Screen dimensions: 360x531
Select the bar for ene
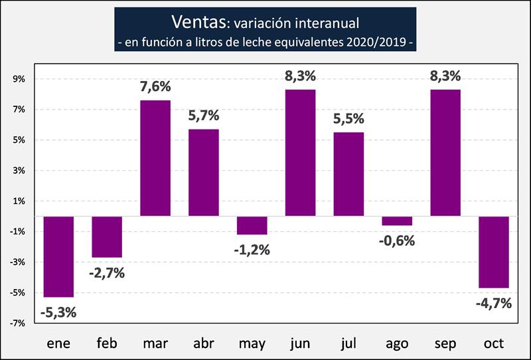tap(59, 256)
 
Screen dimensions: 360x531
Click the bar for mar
tap(156, 158)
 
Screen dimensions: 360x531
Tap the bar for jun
tap(300, 153)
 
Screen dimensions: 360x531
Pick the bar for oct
tap(493, 252)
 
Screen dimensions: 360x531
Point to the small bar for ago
tap(397, 221)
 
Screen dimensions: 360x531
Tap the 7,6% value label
tap(156, 87)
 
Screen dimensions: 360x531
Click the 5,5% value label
tap(348, 120)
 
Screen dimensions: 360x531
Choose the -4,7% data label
tap(493, 303)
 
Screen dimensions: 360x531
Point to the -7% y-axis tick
tap(17, 323)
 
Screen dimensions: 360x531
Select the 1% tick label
tap(19, 201)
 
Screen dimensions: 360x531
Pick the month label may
tap(252, 343)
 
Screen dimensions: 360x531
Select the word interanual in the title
tap(321, 24)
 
